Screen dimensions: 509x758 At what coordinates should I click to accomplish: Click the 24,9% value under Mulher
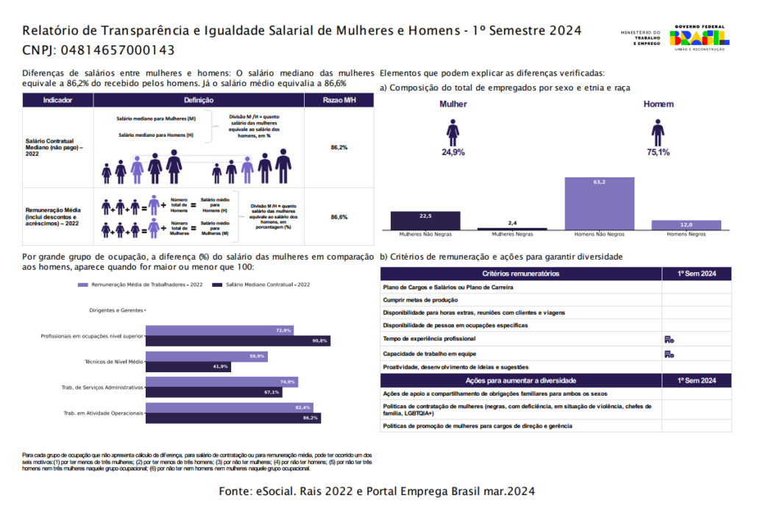tap(453, 153)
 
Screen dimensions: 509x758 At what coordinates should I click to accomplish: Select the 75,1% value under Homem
tap(658, 153)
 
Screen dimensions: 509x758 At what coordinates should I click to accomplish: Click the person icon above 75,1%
tap(658, 132)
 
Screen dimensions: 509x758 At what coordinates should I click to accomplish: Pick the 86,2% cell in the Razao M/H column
tap(339, 148)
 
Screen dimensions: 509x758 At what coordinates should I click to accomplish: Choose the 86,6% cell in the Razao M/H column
tap(339, 217)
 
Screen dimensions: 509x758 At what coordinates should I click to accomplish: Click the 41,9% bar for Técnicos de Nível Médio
tap(188, 366)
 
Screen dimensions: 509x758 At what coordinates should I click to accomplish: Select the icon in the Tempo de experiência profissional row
tap(669, 339)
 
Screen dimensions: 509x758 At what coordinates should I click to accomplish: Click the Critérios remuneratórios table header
tap(520, 274)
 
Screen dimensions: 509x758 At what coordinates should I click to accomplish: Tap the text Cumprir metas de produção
tap(420, 300)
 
